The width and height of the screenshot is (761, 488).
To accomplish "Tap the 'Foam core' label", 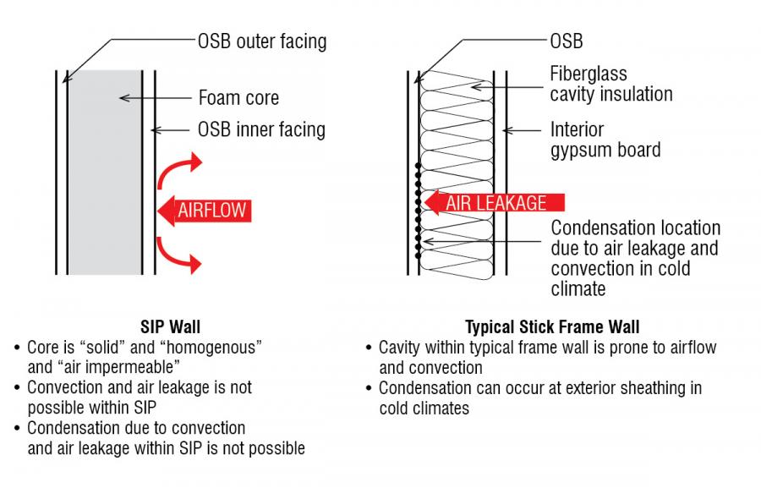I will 238,97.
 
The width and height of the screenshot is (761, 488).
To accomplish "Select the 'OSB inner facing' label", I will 260,129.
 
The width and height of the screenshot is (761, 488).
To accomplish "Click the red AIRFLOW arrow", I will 203,209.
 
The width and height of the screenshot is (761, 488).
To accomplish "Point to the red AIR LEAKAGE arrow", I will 495,203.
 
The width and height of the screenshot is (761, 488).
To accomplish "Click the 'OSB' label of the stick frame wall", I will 566,41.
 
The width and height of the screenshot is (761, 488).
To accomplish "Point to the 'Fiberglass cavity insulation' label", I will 610,84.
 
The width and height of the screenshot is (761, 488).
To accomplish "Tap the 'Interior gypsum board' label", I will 605,140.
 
